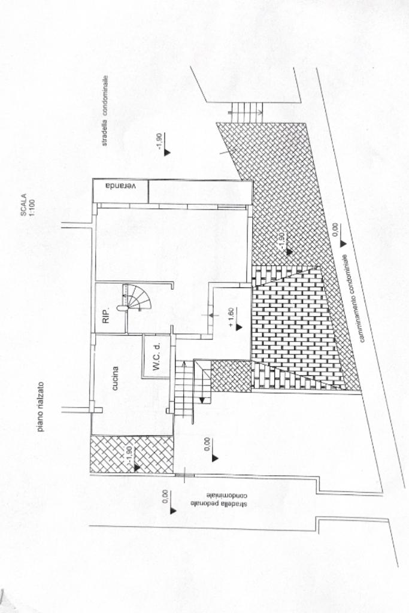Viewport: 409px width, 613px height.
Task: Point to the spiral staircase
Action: (137, 298)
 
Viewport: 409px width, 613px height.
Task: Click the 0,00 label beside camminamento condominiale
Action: (335, 230)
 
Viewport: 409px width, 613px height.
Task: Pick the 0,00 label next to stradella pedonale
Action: (166, 497)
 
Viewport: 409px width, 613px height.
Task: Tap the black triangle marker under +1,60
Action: (238, 327)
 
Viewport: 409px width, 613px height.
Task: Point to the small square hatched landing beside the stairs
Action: (231, 376)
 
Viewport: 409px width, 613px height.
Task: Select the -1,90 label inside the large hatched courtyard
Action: (280, 241)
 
